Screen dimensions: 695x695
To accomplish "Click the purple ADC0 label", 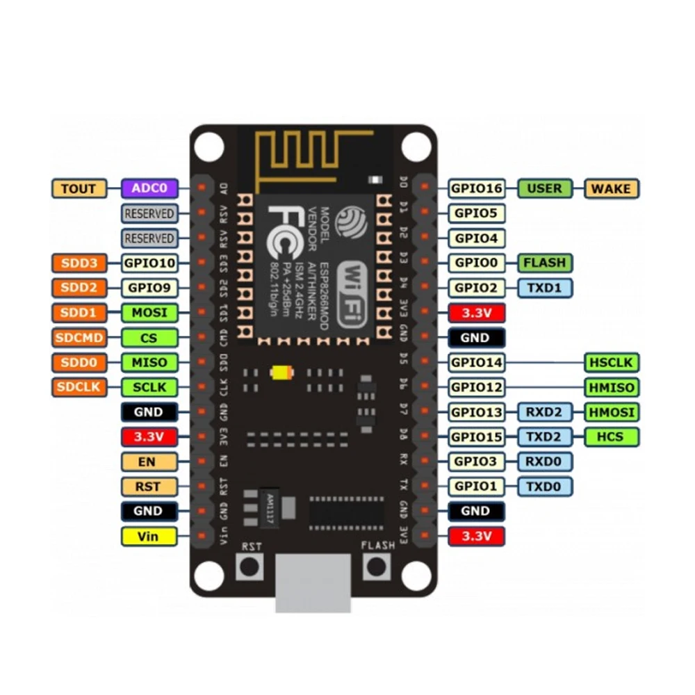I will click(149, 188).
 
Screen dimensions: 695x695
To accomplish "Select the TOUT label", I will click(79, 188).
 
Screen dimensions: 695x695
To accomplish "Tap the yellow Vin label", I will click(149, 536).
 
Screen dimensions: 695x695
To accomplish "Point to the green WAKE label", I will click(612, 188).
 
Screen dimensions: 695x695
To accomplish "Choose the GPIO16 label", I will click(476, 188).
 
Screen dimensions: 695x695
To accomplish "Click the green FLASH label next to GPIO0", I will click(546, 263).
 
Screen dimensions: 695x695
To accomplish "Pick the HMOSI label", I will click(612, 412).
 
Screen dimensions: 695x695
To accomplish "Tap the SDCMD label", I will click(79, 338).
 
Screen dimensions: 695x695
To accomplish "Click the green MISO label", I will click(149, 362).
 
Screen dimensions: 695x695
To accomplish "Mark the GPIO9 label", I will click(149, 287).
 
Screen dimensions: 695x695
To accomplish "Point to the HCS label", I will click(612, 436).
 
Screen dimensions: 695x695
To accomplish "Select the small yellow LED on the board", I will click(281, 373).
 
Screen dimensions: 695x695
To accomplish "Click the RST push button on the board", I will click(251, 566).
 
